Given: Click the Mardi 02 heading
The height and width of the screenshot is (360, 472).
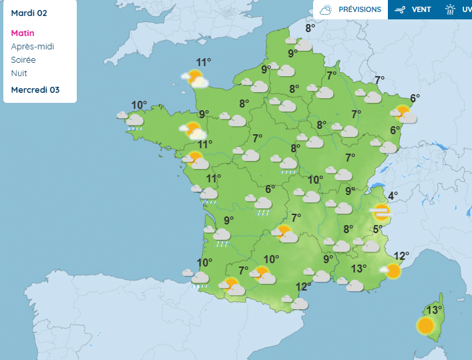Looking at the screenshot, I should coord(29,13).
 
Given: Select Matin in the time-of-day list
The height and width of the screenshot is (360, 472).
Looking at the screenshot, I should coord(23,33).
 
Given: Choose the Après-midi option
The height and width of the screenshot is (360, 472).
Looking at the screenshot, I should coord(33,47).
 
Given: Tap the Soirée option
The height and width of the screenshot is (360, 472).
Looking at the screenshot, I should coord(24,60).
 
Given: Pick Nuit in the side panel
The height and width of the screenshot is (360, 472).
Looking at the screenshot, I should coord(19,73).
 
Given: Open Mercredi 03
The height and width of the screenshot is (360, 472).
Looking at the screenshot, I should coord(35,90).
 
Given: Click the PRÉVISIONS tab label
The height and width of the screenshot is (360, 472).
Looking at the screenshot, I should coord(360,10).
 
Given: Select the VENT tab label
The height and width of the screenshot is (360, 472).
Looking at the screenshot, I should coord(421,10).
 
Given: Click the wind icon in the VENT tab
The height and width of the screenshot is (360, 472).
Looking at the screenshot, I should coord(401,10).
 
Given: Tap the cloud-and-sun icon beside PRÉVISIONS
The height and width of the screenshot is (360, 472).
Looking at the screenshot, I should coord(326,10).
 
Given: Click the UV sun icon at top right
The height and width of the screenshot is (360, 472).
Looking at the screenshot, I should coord(451,10).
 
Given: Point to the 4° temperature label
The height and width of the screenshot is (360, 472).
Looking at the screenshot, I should coord(393,196).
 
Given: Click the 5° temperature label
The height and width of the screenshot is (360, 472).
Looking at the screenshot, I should coord(378,230).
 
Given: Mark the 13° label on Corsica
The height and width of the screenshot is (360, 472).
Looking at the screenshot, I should coord(434,310).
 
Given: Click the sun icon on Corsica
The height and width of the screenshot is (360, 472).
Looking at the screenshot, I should coord(425,326).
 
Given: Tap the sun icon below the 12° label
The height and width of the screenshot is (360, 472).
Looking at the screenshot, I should coord(393,271).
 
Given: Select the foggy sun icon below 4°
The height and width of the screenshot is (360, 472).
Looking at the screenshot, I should coord(381,212).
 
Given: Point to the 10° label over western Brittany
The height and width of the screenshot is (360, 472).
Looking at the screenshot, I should coord(139,105).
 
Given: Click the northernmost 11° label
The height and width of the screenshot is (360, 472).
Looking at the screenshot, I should coord(203,62).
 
